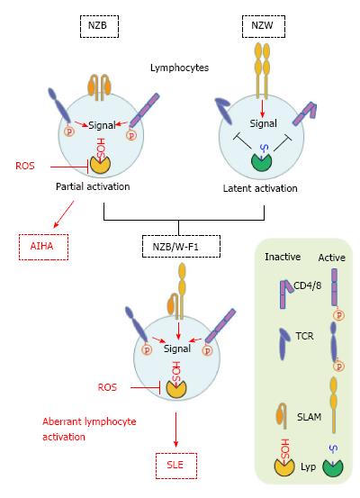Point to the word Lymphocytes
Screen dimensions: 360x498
[x=179, y=68]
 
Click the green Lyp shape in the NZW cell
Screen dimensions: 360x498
[x=262, y=162]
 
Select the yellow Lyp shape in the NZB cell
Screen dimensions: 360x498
[x=100, y=164]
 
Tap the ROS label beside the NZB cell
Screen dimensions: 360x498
[x=25, y=166]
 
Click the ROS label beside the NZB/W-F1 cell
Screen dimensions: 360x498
[x=107, y=387]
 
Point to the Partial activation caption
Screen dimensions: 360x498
[x=93, y=186]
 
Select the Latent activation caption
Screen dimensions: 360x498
[x=260, y=188]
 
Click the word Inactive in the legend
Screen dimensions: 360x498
[x=283, y=257]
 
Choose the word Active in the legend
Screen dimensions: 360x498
[x=332, y=258]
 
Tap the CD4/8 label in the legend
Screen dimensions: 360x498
[x=307, y=285]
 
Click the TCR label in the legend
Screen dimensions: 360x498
[x=304, y=336]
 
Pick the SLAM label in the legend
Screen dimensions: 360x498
[x=309, y=417]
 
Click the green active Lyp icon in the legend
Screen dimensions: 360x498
[x=333, y=467]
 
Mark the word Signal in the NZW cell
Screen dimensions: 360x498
[x=263, y=123]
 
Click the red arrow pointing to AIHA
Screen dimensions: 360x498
[x=64, y=214]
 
